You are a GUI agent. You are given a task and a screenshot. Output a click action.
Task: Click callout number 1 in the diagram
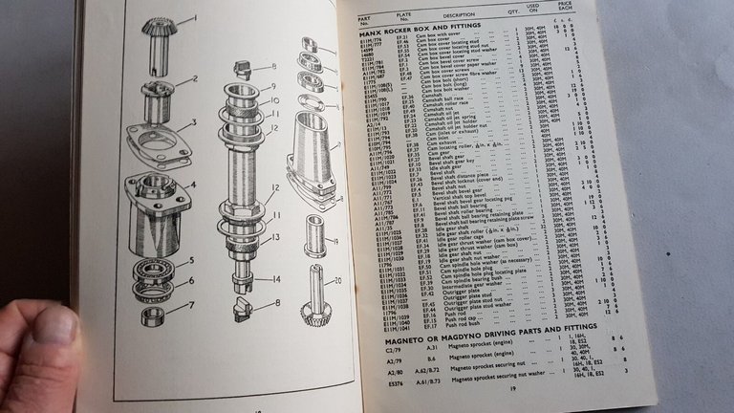pyautogui.click(x=195, y=18)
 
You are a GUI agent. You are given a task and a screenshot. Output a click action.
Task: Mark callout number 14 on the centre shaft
pyautogui.click(x=275, y=278)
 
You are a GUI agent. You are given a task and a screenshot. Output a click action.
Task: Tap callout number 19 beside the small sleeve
pyautogui.click(x=335, y=242)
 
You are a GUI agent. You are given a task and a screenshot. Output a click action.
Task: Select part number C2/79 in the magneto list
pyautogui.click(x=392, y=351)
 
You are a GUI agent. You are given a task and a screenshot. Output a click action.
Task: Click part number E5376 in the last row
pyautogui.click(x=397, y=383)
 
